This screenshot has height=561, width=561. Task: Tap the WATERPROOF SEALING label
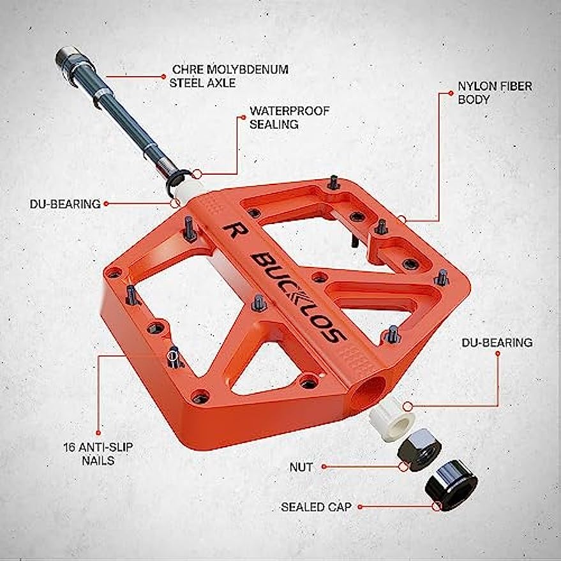point(290,117)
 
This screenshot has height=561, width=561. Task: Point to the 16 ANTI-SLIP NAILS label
point(89,453)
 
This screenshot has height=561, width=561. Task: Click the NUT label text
point(301,467)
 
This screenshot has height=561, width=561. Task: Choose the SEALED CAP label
point(317,507)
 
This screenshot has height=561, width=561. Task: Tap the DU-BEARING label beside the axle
point(66,204)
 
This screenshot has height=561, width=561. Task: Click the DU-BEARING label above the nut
point(497,343)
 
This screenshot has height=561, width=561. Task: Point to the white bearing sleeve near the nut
point(393,417)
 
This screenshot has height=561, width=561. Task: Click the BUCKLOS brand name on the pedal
point(297,295)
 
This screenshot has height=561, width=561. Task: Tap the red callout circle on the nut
point(403,467)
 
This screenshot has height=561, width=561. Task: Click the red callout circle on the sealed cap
point(437,507)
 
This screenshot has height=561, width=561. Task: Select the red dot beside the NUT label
point(324,467)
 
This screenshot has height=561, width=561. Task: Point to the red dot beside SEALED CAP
point(360,507)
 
